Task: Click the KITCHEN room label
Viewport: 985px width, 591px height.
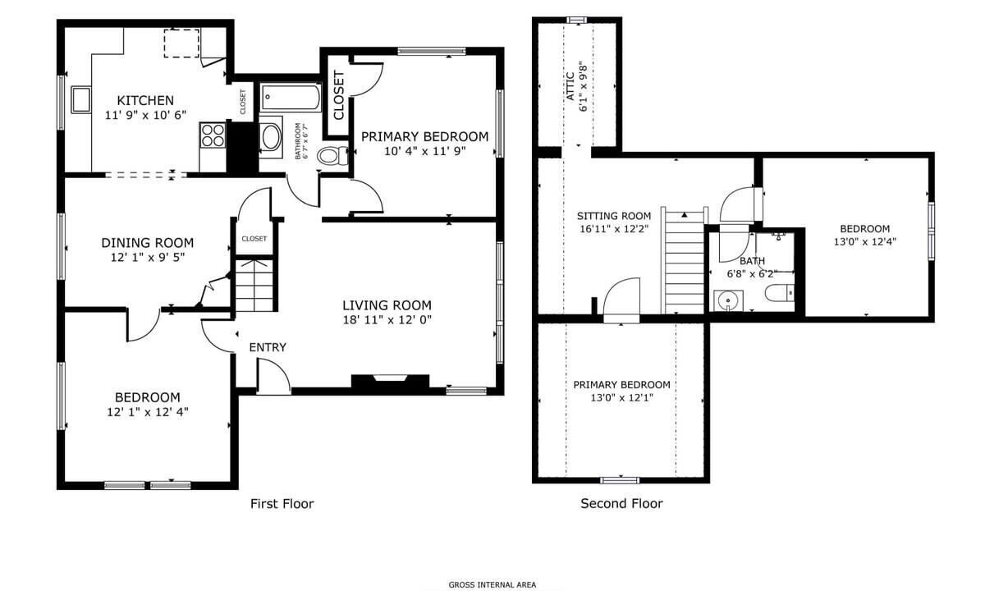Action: pyautogui.click(x=145, y=100)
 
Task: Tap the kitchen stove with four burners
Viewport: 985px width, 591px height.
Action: pyautogui.click(x=213, y=135)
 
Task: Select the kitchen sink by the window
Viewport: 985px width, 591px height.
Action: pyautogui.click(x=81, y=100)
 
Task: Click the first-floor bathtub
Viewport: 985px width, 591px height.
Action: pyautogui.click(x=291, y=97)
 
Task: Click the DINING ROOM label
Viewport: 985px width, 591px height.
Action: pyautogui.click(x=147, y=243)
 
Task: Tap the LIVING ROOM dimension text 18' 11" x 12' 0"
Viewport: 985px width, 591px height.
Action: pyautogui.click(x=387, y=319)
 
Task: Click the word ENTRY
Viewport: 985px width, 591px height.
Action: pyautogui.click(x=268, y=347)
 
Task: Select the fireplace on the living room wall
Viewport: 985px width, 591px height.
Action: pyautogui.click(x=390, y=382)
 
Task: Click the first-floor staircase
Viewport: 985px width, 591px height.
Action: pyautogui.click(x=254, y=286)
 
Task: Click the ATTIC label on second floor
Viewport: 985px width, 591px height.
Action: pyautogui.click(x=570, y=86)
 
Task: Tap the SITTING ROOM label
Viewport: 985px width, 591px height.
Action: pyautogui.click(x=614, y=216)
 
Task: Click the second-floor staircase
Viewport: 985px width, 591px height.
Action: pyautogui.click(x=685, y=261)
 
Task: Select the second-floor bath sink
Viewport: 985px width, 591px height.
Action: pyautogui.click(x=728, y=300)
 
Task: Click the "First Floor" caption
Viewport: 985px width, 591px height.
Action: pyautogui.click(x=282, y=503)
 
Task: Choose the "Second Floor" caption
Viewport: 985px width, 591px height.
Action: pyautogui.click(x=621, y=503)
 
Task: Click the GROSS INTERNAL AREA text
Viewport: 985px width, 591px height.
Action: pyautogui.click(x=492, y=584)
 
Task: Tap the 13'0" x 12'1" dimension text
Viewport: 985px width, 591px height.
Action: pyautogui.click(x=622, y=398)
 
